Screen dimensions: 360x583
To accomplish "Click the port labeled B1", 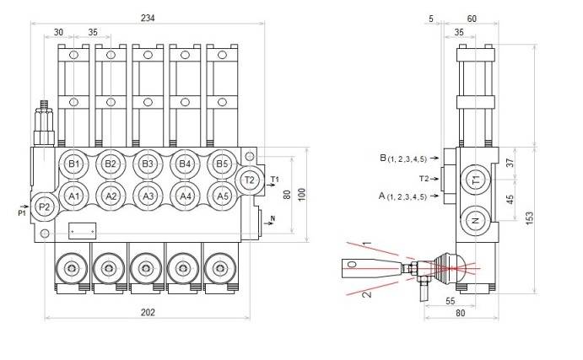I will [73, 163].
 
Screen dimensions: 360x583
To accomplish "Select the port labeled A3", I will [148, 196].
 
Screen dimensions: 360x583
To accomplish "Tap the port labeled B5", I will [222, 163].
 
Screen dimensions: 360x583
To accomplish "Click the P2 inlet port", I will [45, 207].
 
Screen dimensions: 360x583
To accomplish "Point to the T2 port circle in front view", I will [250, 180].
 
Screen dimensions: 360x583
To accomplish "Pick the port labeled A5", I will [222, 196].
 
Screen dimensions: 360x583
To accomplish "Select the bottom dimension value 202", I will [148, 313].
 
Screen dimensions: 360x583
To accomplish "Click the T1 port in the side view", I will [476, 180].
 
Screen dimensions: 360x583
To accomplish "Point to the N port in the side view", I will [476, 221].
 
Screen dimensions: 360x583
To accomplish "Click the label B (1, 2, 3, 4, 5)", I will [408, 158].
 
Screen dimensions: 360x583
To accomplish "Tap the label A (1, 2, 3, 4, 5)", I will [408, 196].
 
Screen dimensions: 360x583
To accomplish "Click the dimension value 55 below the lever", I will [451, 301].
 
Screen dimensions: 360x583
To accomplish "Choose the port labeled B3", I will [148, 163].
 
